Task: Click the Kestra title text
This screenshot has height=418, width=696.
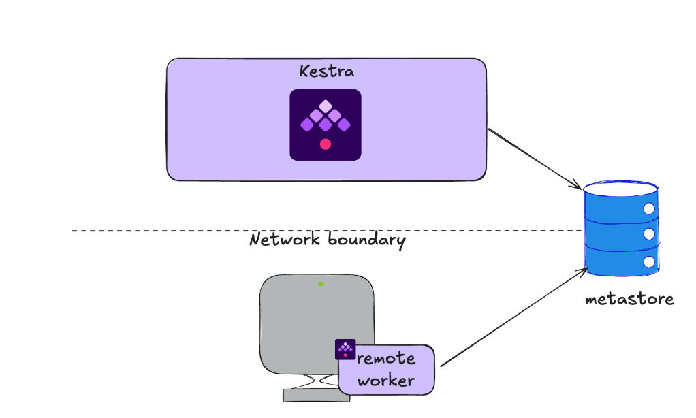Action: [x=327, y=71]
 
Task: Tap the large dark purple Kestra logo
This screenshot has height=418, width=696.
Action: [x=326, y=125]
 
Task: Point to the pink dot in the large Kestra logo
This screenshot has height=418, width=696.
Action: [x=326, y=144]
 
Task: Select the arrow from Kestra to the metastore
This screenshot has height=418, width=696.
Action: [x=535, y=159]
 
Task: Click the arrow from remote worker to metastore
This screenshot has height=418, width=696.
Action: [x=514, y=317]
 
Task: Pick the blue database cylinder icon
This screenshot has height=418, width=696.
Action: [x=621, y=229]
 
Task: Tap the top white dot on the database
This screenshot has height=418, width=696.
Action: [x=649, y=208]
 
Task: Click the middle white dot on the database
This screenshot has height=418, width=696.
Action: [x=649, y=235]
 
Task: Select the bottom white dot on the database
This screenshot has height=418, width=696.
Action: [x=649, y=261]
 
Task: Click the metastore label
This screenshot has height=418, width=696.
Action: [x=630, y=299]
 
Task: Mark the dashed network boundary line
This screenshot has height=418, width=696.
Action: [x=157, y=231]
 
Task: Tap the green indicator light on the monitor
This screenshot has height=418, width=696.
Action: [x=321, y=283]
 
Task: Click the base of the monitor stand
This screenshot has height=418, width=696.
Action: [x=310, y=395]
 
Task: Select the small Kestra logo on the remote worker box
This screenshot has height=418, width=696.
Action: [x=345, y=349]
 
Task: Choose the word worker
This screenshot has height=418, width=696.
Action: [x=386, y=381]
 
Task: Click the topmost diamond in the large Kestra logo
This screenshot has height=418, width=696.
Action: [x=326, y=106]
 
